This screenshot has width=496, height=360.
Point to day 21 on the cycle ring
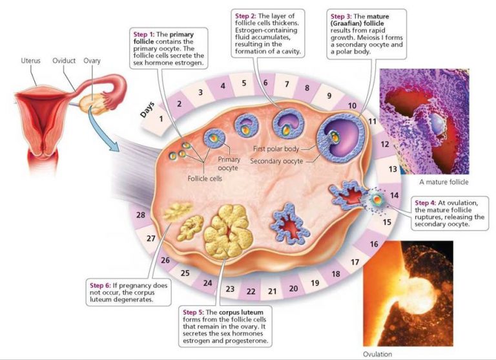click(272, 291)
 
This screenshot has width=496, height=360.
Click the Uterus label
click(30, 61)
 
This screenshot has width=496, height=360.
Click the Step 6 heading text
click(101, 284)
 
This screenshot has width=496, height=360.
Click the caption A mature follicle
click(442, 182)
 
